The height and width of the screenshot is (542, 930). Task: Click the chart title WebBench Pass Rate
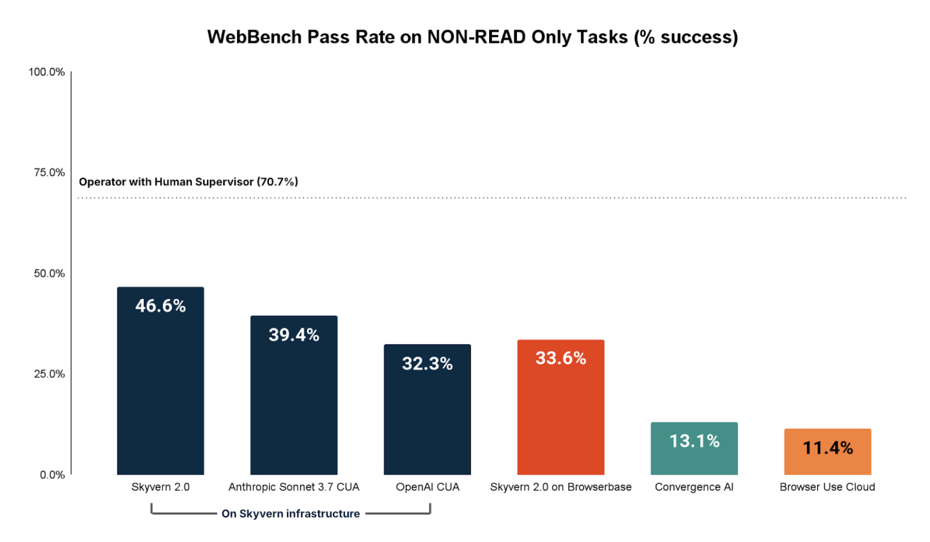(472, 37)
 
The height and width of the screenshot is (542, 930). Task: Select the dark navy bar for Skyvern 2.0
(160, 394)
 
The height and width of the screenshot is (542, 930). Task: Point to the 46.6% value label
(160, 306)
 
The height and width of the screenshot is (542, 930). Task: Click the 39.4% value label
(294, 335)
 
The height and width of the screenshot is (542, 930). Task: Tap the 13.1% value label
(694, 441)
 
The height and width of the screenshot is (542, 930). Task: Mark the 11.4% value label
(827, 448)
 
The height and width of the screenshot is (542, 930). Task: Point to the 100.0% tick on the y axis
(47, 72)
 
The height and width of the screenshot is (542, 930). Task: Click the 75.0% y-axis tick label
(49, 173)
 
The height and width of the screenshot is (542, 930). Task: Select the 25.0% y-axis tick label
(49, 374)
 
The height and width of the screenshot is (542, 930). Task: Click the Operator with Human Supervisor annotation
(188, 182)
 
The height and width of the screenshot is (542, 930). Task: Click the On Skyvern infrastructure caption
(290, 514)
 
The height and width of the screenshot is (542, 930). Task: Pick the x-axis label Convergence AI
(694, 487)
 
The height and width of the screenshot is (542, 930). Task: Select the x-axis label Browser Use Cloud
(827, 487)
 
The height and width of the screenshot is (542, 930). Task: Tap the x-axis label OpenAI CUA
(427, 487)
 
